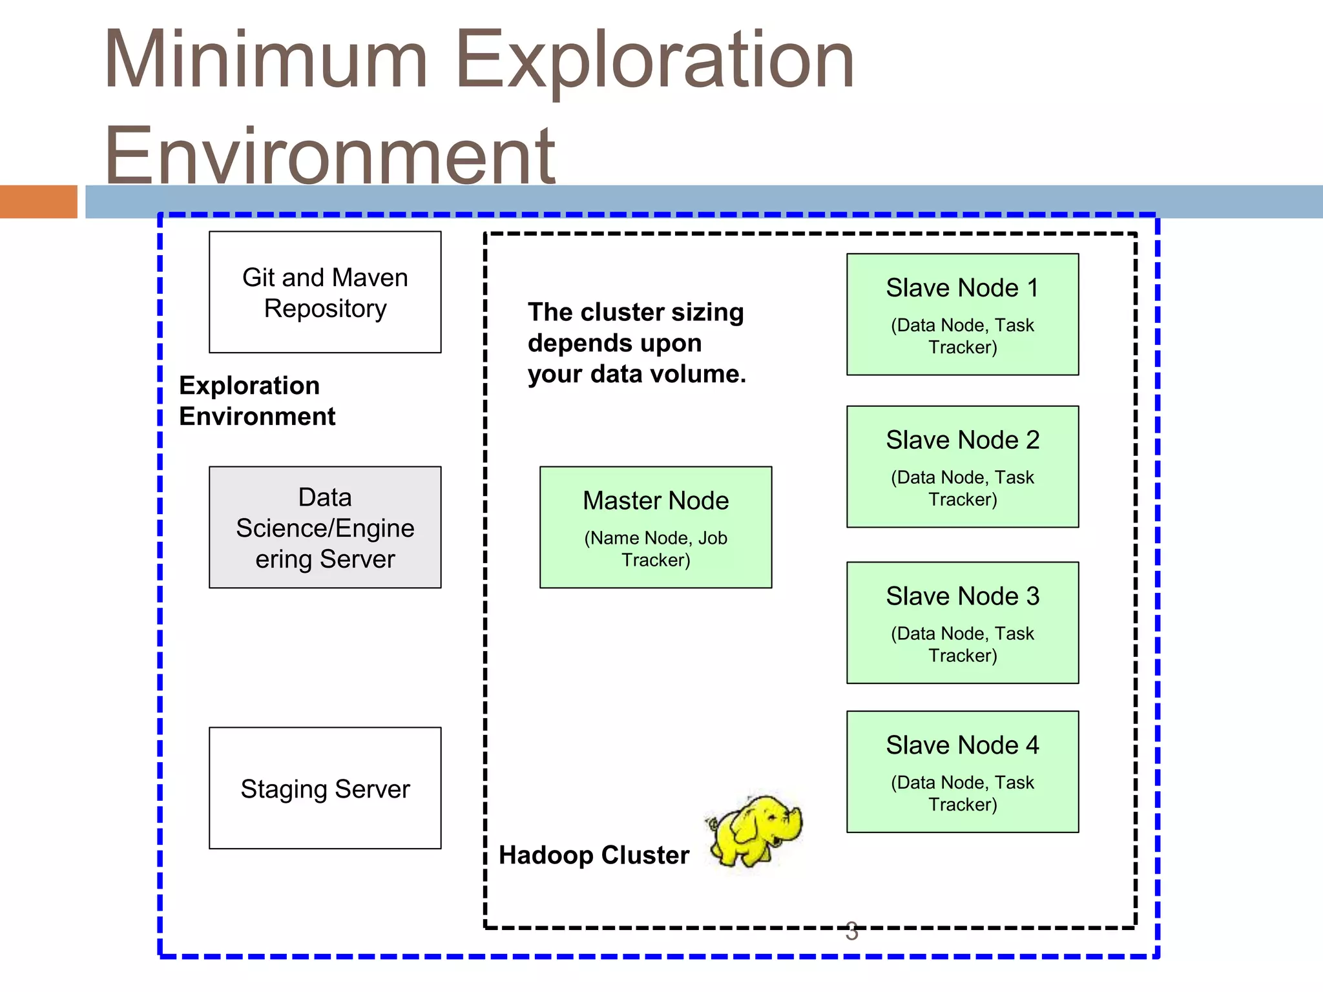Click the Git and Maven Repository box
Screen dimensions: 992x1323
(x=325, y=292)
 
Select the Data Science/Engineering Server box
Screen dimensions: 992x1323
(x=325, y=527)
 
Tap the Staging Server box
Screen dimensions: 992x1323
(x=325, y=788)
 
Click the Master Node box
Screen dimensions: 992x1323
(x=656, y=527)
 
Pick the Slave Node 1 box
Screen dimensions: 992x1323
(x=963, y=314)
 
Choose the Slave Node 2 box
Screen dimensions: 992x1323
(x=963, y=466)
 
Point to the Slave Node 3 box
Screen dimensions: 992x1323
(x=963, y=623)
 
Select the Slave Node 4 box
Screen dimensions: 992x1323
(x=963, y=772)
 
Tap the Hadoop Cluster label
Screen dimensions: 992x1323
(x=594, y=855)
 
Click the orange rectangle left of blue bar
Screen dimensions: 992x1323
(x=38, y=201)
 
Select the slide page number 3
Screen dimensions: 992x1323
(x=851, y=931)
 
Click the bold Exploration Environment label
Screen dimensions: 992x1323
(x=257, y=400)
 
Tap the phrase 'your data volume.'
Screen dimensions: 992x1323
(x=636, y=375)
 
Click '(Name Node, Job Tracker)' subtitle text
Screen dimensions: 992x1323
(x=656, y=549)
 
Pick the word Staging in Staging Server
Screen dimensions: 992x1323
(x=284, y=789)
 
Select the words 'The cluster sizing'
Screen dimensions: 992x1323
(x=636, y=313)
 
